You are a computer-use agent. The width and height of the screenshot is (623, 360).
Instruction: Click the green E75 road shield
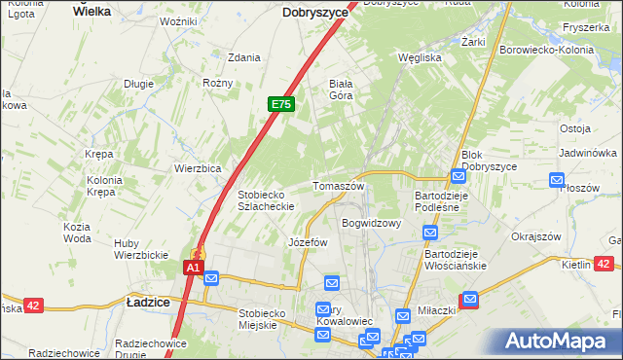280,104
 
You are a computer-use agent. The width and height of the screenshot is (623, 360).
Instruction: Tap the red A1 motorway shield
193,267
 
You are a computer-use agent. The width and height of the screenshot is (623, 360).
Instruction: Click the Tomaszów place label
338,186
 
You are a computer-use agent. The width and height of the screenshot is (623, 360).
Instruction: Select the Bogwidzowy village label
373,223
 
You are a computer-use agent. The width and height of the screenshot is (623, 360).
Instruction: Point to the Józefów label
308,241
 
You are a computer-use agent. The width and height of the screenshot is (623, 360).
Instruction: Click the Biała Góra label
341,90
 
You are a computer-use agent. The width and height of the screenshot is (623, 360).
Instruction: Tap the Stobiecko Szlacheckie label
267,199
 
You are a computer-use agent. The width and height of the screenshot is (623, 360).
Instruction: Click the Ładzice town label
149,303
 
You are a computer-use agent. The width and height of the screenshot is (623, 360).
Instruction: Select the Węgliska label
421,57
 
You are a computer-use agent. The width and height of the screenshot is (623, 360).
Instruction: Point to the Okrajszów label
537,236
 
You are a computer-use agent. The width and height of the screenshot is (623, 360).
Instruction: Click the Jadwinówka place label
589,154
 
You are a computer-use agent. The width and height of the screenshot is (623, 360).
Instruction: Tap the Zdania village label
243,57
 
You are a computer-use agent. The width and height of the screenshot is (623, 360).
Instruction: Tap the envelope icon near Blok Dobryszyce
458,176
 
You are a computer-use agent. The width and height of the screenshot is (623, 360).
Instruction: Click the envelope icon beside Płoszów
557,180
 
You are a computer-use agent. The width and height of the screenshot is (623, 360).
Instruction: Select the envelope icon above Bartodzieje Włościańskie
430,233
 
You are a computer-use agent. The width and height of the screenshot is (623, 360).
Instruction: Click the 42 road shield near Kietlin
604,264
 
